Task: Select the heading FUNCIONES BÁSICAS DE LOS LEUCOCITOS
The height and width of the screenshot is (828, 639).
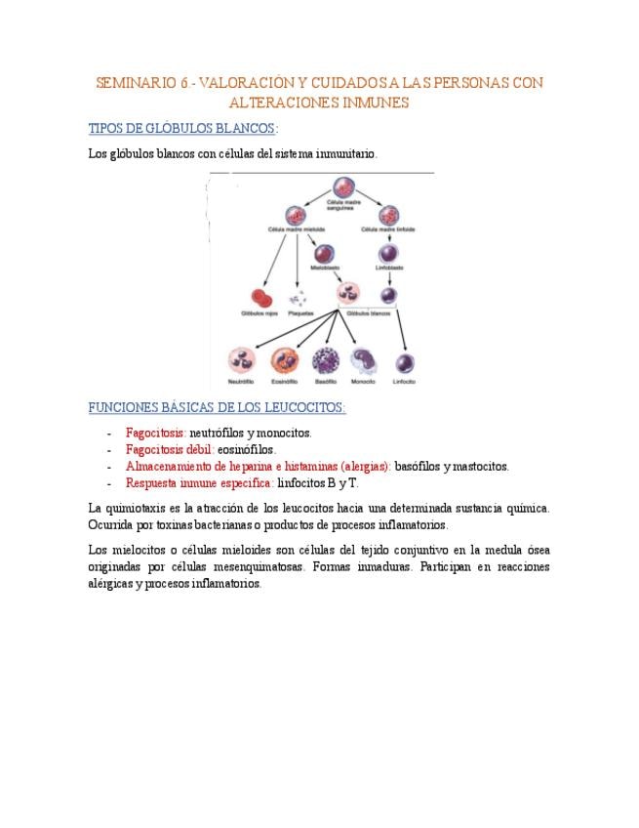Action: pyautogui.click(x=217, y=407)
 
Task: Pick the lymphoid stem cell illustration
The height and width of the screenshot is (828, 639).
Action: pyautogui.click(x=389, y=214)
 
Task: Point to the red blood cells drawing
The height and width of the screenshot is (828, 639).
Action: pyautogui.click(x=260, y=297)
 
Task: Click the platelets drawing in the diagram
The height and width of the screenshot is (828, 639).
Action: pyautogui.click(x=300, y=297)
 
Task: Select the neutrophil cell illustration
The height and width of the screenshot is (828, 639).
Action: pyautogui.click(x=241, y=360)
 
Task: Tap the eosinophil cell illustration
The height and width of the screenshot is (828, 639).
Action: pyautogui.click(x=284, y=360)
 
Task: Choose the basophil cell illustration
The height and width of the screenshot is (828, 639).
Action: pyautogui.click(x=325, y=360)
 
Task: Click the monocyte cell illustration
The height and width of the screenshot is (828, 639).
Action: pyautogui.click(x=363, y=360)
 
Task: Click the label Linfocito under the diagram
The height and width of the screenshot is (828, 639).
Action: pyautogui.click(x=404, y=383)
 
